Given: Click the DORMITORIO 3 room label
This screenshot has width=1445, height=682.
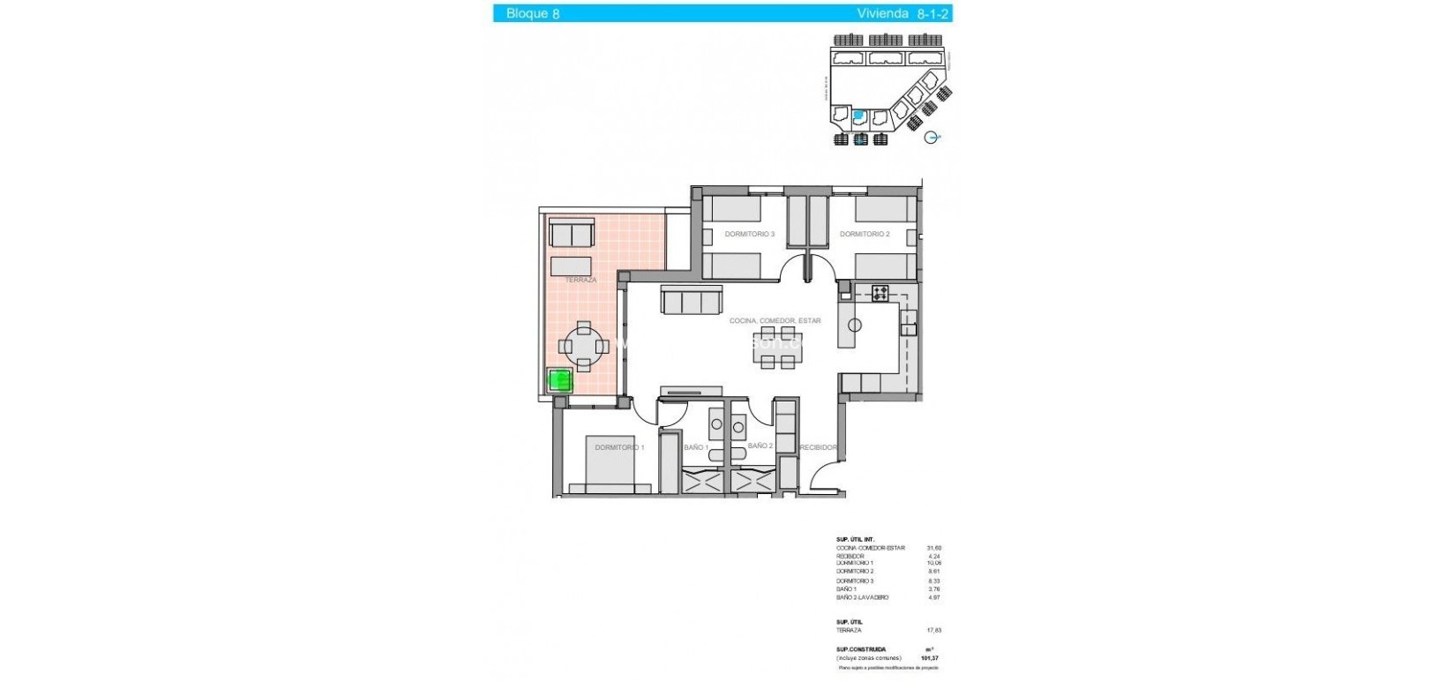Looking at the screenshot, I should (x=749, y=234).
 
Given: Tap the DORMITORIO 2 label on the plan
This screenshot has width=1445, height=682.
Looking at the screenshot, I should (x=865, y=234).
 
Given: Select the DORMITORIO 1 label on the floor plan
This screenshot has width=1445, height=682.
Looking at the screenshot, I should (x=619, y=447).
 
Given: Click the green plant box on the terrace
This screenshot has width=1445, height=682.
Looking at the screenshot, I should (x=560, y=380).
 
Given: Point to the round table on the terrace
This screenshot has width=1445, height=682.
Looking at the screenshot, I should (x=583, y=346).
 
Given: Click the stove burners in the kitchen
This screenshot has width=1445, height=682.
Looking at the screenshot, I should (x=880, y=293).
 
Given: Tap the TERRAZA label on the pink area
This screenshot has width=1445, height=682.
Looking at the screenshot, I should (x=580, y=280).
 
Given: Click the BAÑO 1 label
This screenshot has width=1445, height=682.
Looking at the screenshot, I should (x=696, y=447).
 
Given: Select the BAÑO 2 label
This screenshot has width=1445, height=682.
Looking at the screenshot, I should (x=760, y=446).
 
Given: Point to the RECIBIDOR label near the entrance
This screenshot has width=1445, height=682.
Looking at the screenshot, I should (x=819, y=447).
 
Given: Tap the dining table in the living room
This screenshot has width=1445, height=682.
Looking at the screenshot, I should (x=778, y=348).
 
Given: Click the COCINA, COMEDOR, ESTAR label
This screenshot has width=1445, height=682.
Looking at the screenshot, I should (x=775, y=320).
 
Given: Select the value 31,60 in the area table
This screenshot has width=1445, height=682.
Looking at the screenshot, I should (x=933, y=548).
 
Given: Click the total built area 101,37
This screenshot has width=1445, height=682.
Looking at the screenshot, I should (x=930, y=658).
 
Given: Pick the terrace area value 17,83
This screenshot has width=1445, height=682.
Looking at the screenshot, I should (x=933, y=630).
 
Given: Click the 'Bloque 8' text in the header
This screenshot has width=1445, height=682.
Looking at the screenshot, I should (x=532, y=13).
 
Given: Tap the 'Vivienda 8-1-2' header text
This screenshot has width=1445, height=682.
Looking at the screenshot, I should (x=902, y=13).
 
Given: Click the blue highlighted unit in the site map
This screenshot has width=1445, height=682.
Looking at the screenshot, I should (x=858, y=115).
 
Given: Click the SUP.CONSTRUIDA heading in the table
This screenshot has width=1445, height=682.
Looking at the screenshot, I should (x=861, y=649).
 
